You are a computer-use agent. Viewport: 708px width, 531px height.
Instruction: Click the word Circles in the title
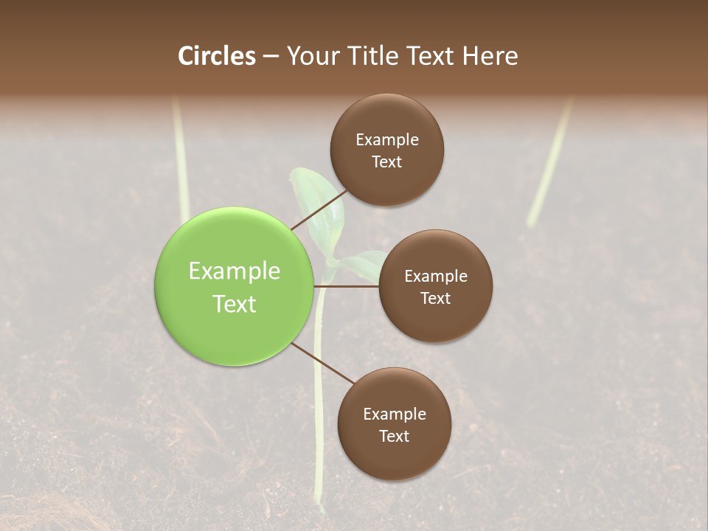click(x=217, y=56)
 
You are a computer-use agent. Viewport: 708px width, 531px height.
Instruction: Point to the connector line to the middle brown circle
click(x=347, y=286)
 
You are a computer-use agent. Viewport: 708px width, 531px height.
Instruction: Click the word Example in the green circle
click(x=234, y=271)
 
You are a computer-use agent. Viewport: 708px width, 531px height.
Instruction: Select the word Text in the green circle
click(x=234, y=303)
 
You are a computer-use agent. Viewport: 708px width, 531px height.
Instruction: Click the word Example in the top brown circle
click(x=387, y=140)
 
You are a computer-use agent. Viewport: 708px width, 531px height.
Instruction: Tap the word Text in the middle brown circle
click(x=435, y=298)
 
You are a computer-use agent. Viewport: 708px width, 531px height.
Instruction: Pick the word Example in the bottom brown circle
click(x=394, y=414)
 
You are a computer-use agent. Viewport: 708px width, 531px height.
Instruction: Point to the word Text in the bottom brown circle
click(x=394, y=436)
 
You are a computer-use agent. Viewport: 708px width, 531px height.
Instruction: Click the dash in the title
click(x=270, y=56)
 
